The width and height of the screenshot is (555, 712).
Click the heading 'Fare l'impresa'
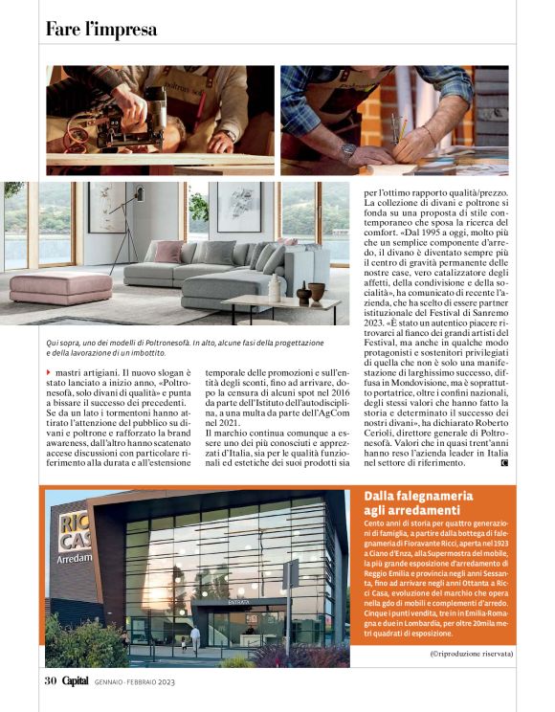tap(101, 30)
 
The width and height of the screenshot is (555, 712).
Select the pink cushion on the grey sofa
tap(168, 252)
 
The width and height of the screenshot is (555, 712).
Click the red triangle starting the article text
tap(49, 370)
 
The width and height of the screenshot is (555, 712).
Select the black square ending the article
tap(503, 463)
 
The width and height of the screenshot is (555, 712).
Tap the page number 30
tap(51, 680)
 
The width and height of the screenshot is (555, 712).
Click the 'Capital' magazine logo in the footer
tap(76, 680)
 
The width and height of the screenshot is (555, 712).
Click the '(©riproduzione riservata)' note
tap(470, 653)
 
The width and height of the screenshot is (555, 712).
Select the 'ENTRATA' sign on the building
tap(238, 603)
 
